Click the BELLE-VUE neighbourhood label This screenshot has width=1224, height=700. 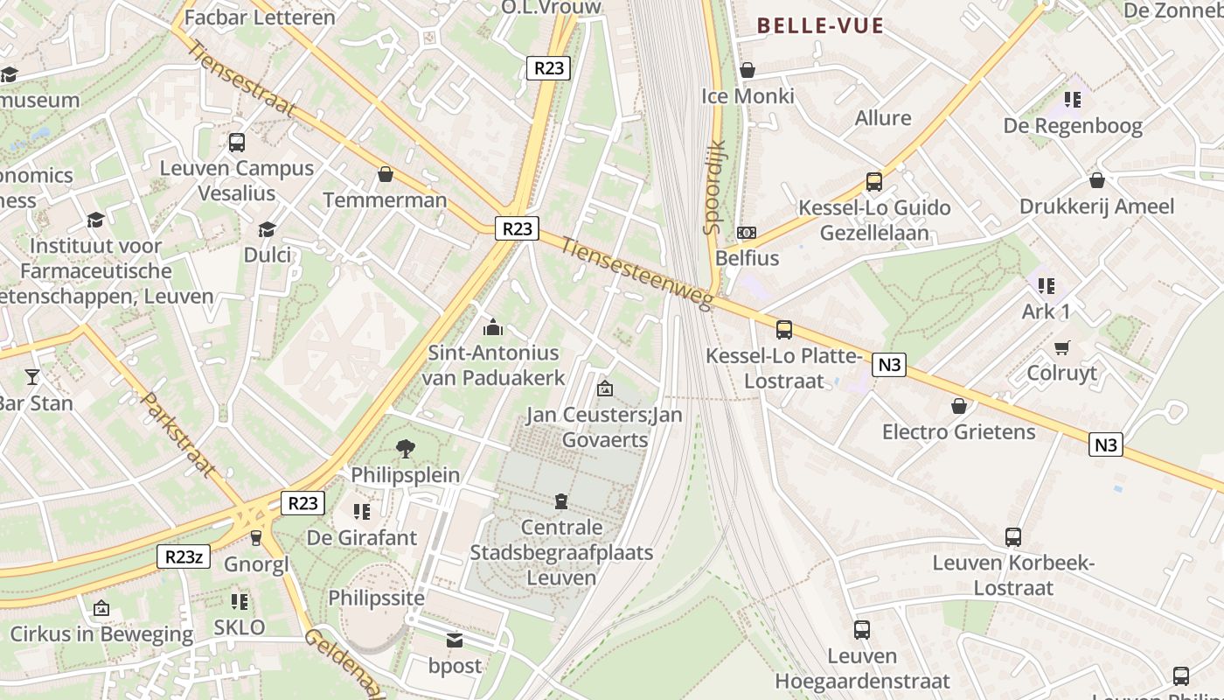(820, 26)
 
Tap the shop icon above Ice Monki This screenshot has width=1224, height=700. (748, 70)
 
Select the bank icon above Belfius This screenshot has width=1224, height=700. (747, 233)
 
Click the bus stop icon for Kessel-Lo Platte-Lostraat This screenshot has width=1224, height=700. (784, 330)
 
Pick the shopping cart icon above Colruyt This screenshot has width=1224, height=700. (1062, 348)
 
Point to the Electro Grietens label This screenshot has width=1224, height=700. (958, 431)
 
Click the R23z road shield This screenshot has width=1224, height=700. (184, 556)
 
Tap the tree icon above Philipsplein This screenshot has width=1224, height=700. (406, 449)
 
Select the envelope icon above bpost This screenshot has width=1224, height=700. (455, 640)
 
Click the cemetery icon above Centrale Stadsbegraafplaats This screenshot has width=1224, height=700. (560, 501)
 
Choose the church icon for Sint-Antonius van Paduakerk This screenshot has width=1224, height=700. (493, 328)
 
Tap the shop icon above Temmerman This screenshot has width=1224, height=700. (385, 175)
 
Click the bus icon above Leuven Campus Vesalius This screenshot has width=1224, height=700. (236, 143)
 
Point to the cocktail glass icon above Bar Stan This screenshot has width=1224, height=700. (32, 377)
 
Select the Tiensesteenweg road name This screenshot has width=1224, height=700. (637, 273)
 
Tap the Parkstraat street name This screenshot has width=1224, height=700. (178, 435)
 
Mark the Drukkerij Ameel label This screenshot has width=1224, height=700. (1096, 206)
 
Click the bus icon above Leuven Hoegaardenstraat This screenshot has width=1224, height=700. (862, 630)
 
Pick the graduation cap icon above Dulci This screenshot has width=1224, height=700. (267, 229)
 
